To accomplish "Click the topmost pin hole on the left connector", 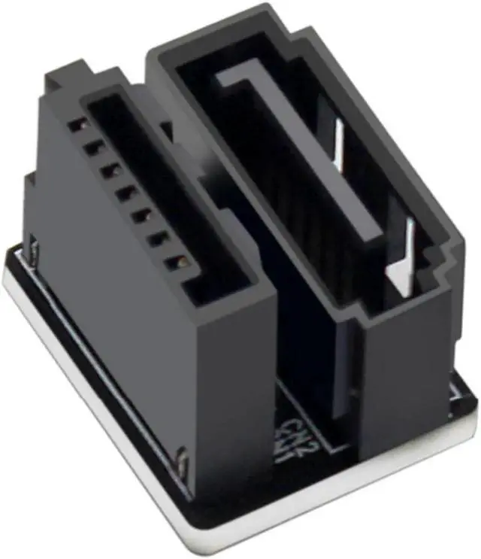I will point(76,125).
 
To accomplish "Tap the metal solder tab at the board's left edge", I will point(34,248).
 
